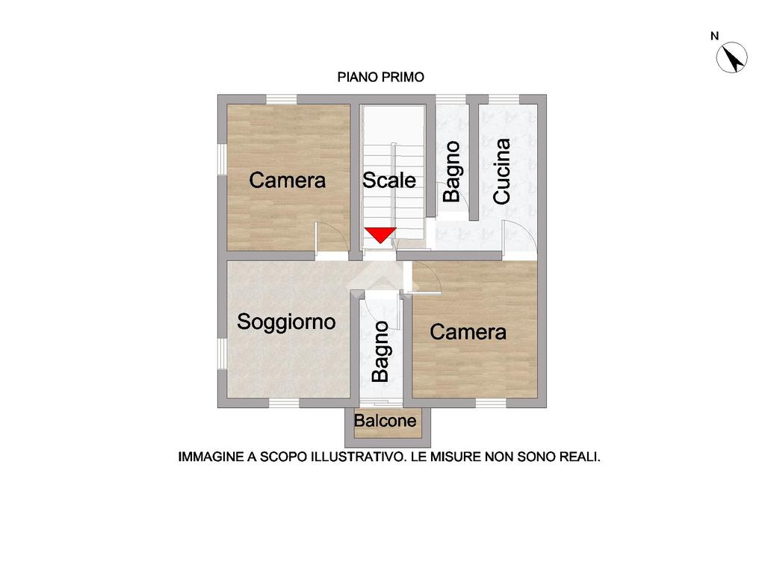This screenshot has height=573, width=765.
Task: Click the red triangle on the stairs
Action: (380, 234)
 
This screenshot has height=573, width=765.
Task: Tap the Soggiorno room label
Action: (286, 322)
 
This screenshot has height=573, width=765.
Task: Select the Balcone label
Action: (385, 421)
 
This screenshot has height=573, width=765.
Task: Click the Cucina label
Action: (501, 172)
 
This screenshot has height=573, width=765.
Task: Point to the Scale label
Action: (388, 181)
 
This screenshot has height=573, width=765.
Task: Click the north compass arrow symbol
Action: (732, 57)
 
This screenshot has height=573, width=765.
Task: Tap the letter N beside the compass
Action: (715, 36)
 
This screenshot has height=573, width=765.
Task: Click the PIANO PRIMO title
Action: (381, 77)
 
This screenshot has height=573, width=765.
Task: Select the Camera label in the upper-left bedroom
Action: (288, 181)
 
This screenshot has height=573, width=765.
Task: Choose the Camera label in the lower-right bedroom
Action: (468, 332)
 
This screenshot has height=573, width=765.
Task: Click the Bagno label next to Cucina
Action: (452, 172)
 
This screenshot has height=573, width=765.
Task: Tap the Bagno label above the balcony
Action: (380, 351)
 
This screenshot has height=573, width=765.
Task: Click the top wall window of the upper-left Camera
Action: (282, 99)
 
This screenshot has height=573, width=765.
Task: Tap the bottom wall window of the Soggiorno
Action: (284, 403)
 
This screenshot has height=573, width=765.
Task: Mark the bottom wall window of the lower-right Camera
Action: (491, 403)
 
